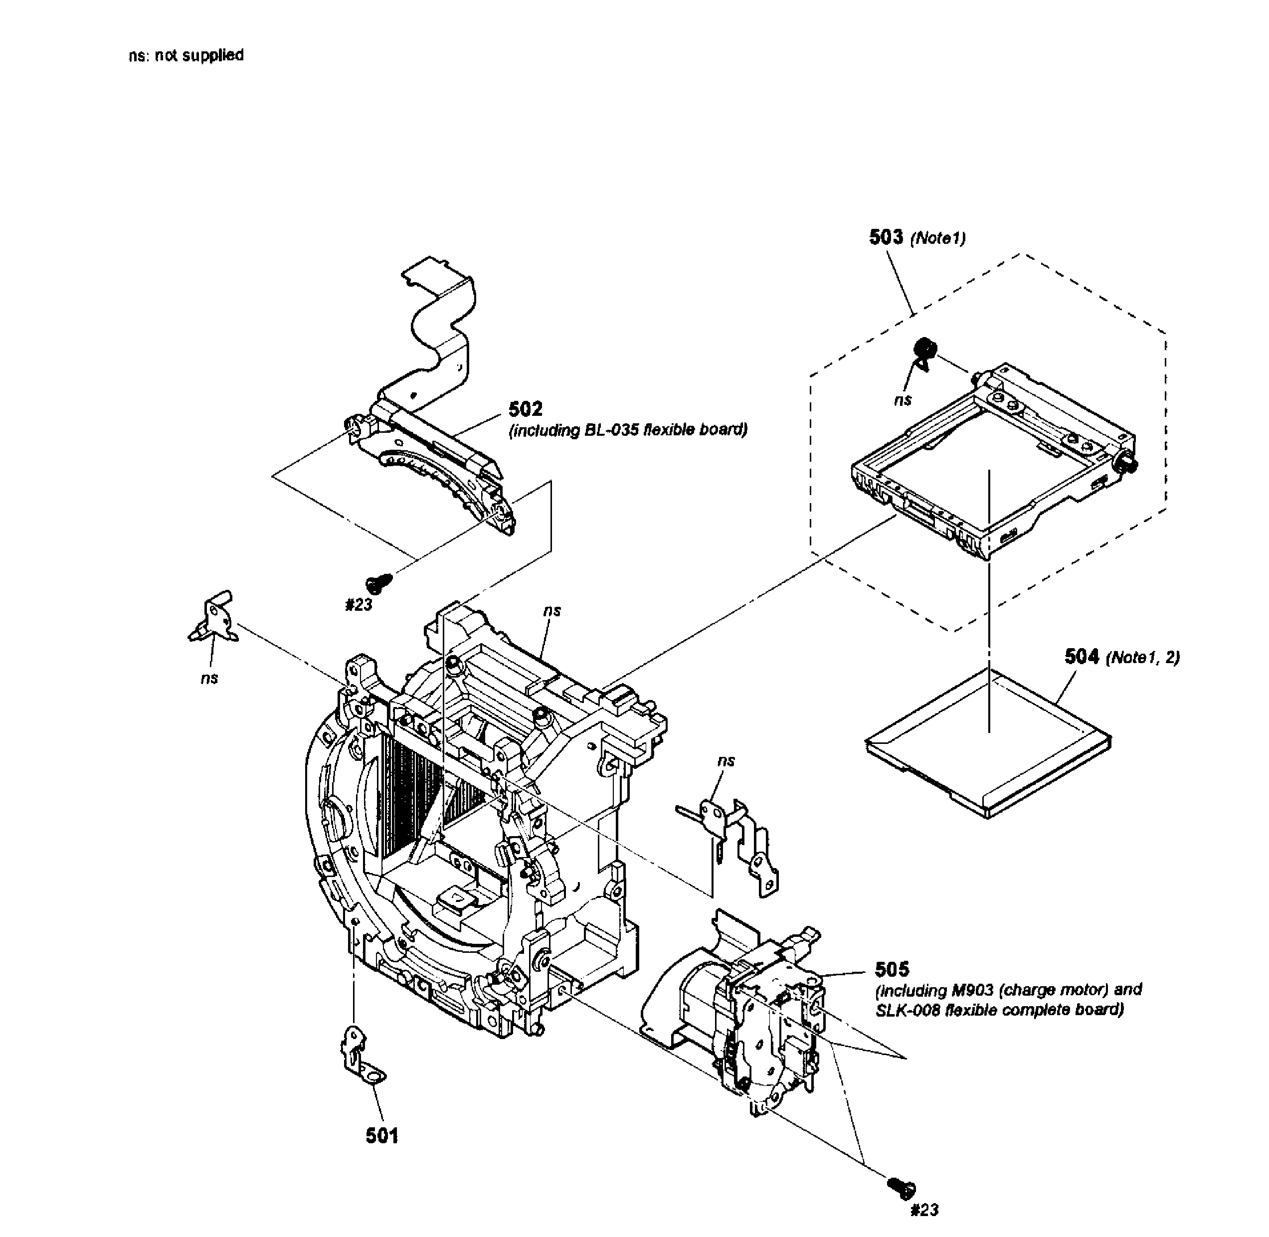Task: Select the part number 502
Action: [x=525, y=409]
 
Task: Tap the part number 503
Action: [x=886, y=237]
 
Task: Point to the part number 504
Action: [x=1081, y=656]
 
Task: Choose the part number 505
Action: [x=892, y=969]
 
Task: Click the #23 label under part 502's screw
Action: [x=358, y=605]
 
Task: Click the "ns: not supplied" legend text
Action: [x=186, y=55]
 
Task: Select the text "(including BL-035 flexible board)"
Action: [x=628, y=430]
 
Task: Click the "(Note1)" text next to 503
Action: [x=937, y=238]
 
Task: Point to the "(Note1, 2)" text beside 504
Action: [x=1142, y=658]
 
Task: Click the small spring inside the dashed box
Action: [x=924, y=351]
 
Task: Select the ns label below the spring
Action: [x=903, y=400]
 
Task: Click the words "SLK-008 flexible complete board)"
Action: [x=999, y=1010]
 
